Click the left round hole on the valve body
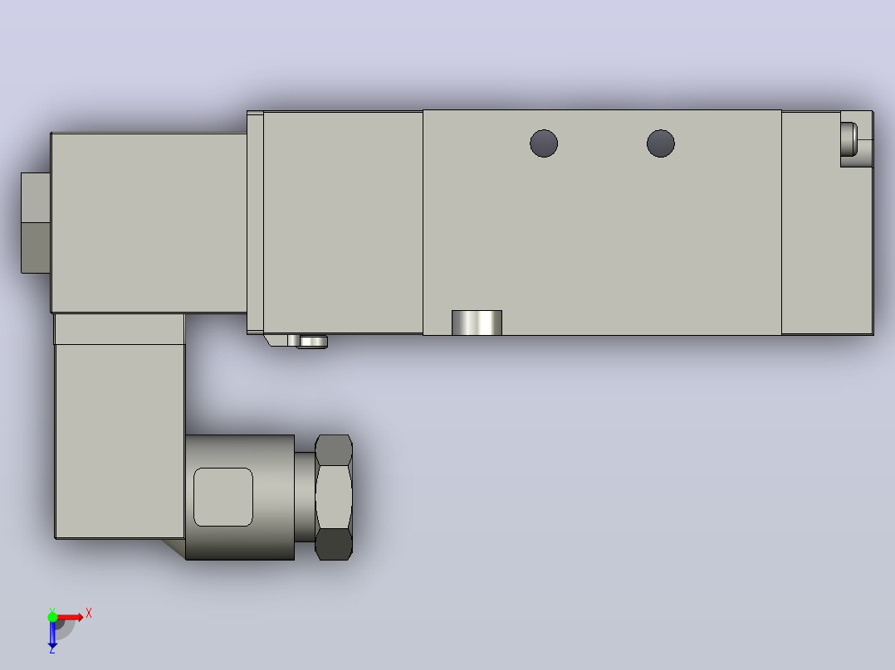[543, 143]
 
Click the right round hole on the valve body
[660, 143]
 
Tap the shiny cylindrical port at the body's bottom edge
[477, 323]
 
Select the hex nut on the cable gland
[334, 498]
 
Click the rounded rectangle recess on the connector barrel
[223, 497]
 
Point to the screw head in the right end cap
[849, 139]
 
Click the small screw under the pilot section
[312, 342]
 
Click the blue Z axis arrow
[52, 633]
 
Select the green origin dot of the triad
[52, 617]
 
